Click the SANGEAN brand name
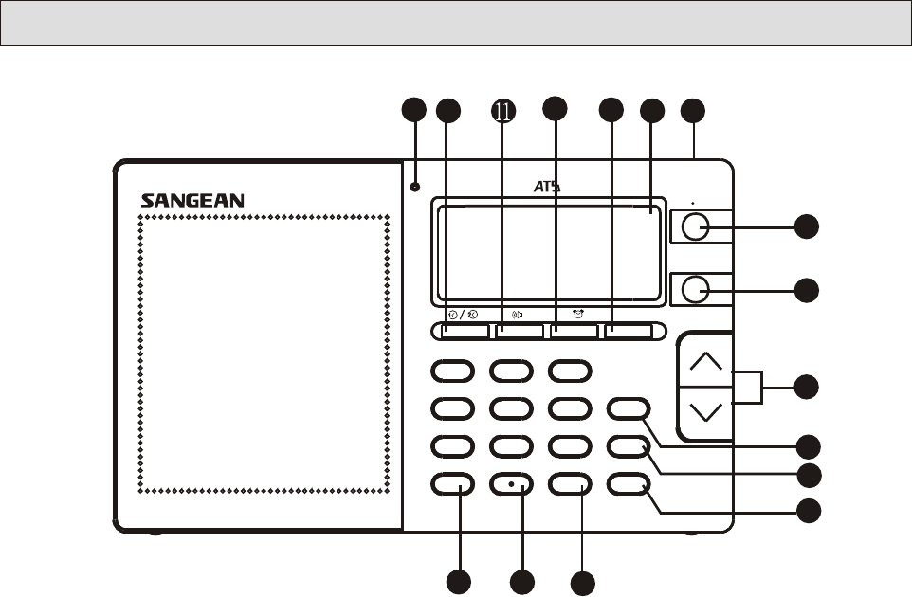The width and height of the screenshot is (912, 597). (x=192, y=200)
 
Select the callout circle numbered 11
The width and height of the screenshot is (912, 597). (x=502, y=111)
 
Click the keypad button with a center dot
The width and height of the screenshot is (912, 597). (x=511, y=483)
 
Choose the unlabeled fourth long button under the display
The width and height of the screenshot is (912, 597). (x=632, y=331)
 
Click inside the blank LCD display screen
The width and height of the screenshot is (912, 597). (x=545, y=251)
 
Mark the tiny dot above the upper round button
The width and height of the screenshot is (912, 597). (x=694, y=202)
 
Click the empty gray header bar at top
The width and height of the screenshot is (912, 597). (x=455, y=23)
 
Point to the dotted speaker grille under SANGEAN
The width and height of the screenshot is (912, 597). (x=264, y=353)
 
